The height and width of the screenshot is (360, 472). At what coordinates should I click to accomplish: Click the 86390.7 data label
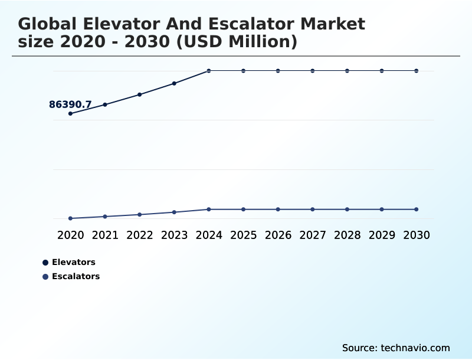point(70,105)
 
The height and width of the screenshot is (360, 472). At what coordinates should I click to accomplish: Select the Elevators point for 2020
point(70,113)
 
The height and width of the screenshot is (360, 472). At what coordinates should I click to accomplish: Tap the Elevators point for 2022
point(140,94)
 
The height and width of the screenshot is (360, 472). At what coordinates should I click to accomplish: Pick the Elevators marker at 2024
point(209,71)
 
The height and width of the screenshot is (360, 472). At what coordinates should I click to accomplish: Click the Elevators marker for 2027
point(313,71)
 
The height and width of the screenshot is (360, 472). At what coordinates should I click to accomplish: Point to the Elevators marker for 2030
point(417,71)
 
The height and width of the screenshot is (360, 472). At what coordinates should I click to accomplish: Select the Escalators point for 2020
point(70,218)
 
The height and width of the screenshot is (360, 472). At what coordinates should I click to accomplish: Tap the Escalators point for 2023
point(174,212)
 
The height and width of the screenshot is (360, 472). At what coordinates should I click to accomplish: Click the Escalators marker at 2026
point(278,210)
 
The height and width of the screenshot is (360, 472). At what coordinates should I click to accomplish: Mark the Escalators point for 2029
point(382,210)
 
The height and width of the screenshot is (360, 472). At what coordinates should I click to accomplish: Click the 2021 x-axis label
point(105,235)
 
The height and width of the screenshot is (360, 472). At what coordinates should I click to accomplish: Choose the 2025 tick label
point(243,235)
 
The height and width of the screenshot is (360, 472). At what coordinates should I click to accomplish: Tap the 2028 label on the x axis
point(347,235)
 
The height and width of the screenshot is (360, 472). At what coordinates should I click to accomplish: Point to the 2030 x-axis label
point(417,235)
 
